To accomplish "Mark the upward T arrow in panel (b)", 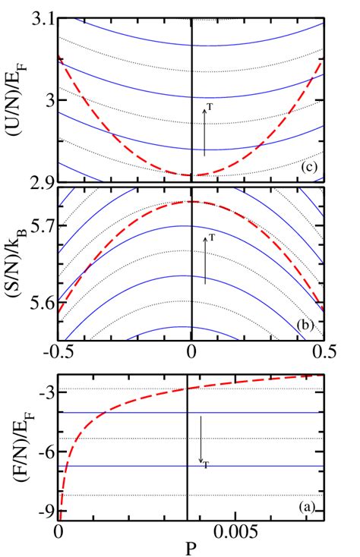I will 204,260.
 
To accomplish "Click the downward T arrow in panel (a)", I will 201,439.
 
